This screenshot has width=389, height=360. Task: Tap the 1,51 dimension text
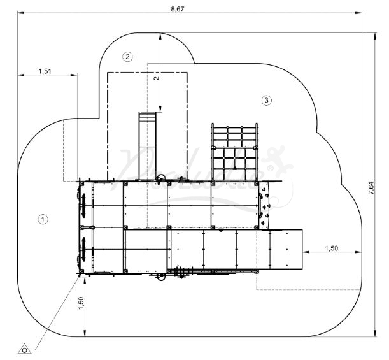[x=45, y=71]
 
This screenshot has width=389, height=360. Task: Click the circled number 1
[x=43, y=219]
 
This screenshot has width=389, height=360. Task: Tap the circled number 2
[x=128, y=56]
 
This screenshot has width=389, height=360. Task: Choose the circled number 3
[x=266, y=100]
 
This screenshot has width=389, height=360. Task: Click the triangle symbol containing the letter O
[x=25, y=349]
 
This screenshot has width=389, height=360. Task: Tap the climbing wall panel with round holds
[x=264, y=205]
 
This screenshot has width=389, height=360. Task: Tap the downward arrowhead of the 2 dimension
[x=160, y=110]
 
